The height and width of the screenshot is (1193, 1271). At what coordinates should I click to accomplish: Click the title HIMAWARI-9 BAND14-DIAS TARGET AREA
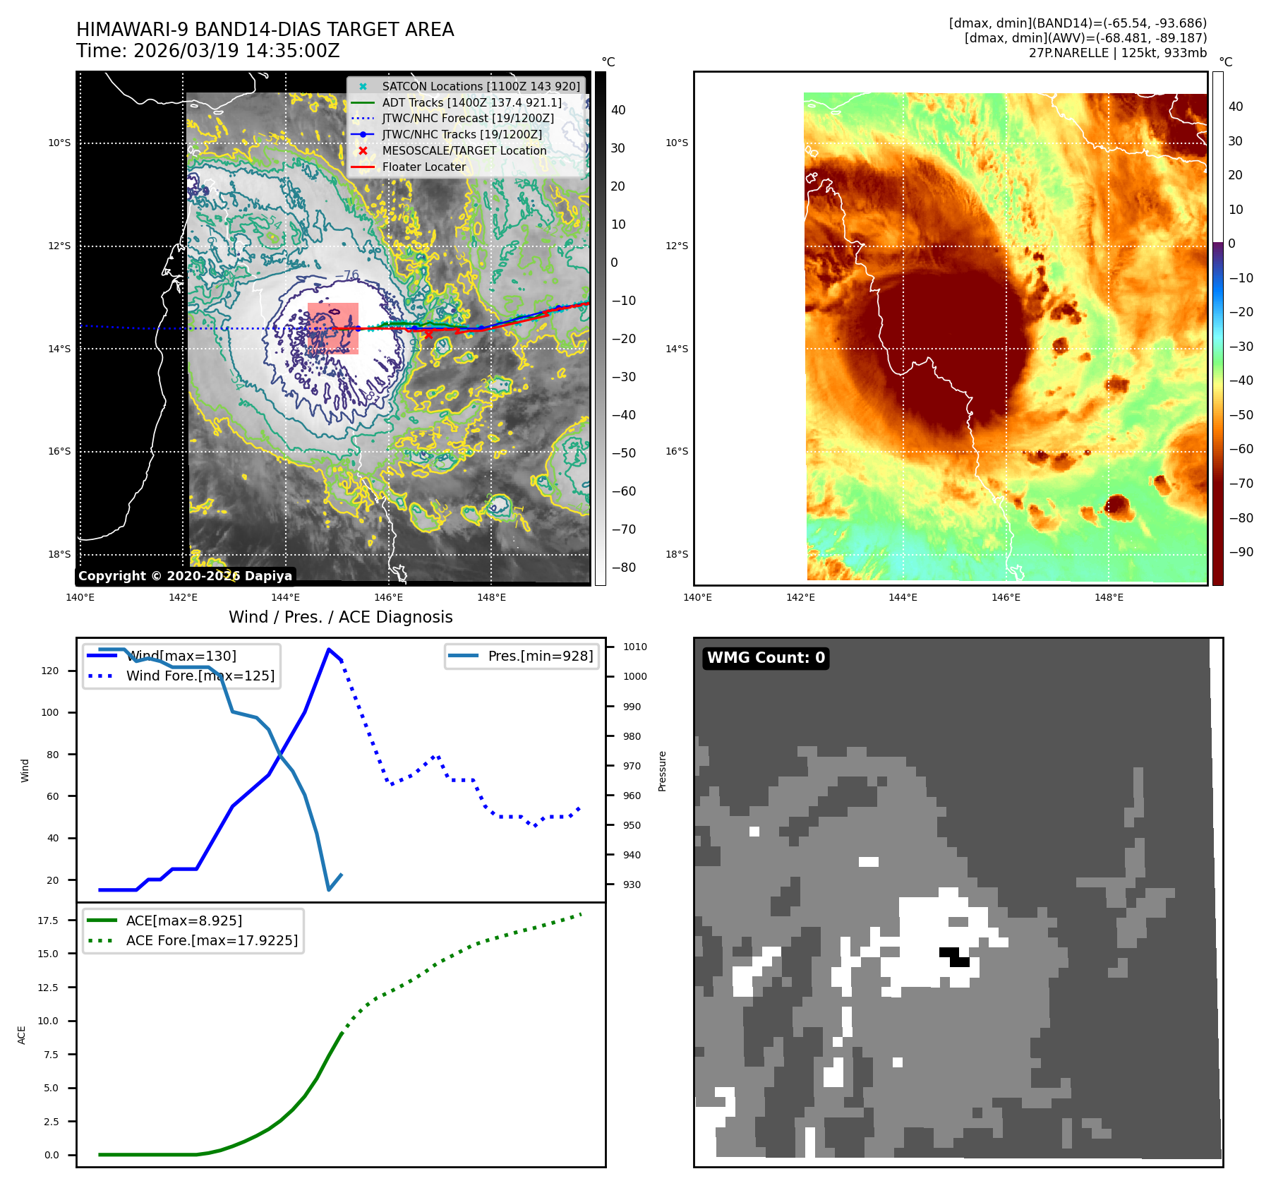coord(265,30)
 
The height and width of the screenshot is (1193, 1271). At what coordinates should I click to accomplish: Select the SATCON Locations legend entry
coord(481,86)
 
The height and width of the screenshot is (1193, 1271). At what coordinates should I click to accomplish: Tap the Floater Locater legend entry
coord(423,167)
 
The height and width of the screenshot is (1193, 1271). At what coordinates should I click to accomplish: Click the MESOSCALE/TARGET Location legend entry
coord(464,150)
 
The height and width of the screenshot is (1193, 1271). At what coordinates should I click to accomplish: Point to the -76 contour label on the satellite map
coord(347,275)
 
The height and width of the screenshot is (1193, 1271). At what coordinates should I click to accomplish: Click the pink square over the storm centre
coord(333,328)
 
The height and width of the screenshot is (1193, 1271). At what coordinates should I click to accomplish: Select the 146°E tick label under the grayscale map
coord(389,597)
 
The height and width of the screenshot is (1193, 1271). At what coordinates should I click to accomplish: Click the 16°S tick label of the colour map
coord(676,451)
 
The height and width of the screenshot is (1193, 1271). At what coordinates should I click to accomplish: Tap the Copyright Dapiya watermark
coord(185,576)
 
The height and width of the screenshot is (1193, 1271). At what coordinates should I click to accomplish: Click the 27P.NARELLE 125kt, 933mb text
coord(1117,53)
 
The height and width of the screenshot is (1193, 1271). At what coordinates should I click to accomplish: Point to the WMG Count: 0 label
coord(766,658)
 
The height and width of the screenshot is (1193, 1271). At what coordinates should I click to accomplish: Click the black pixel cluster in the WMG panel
coord(954,957)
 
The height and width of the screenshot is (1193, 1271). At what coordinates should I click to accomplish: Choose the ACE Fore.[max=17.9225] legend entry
coord(212,940)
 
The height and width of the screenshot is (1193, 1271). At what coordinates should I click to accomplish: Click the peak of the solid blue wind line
coord(329,649)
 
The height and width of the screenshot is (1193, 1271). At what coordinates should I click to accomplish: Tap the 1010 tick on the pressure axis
coord(635,647)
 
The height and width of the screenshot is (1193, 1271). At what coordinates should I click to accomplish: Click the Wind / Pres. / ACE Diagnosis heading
coord(340,617)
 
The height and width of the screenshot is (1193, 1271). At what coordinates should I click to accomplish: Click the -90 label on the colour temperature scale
coord(1241,552)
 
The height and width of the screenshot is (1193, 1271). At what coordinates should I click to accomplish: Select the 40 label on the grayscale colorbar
coord(618,110)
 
